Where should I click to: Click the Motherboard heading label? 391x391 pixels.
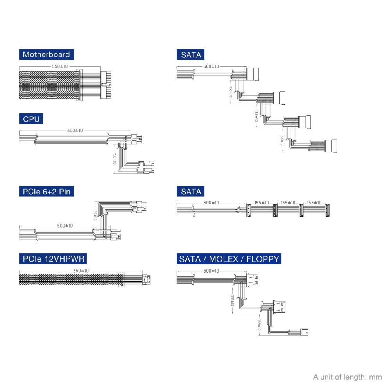pos(47,54)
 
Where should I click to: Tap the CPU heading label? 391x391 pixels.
pos(31,119)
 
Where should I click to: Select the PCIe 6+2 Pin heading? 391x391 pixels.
pos(47,191)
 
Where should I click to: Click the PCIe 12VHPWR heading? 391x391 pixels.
pos(53,258)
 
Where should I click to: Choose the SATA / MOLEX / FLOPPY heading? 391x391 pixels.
pos(229,258)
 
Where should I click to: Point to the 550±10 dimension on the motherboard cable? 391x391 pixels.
pos(60,66)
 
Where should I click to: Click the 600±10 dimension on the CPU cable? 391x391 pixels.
pos(75,130)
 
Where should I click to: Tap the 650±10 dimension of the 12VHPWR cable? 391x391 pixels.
pos(81,271)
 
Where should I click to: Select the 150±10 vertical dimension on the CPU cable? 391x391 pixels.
pos(115,159)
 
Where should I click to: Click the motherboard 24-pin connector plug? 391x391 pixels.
pos(106,85)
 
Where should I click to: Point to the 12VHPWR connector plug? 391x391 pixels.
pos(146,280)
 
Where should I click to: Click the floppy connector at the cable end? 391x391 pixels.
pos(304,332)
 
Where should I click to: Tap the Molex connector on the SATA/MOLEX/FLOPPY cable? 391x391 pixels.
pos(279,307)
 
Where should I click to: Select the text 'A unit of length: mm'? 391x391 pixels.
pos(347,377)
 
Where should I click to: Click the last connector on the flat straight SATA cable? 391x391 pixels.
pos(327,210)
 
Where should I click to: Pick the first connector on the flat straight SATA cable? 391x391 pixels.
pos(249,210)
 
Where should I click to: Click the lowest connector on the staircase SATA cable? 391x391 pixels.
pos(331,146)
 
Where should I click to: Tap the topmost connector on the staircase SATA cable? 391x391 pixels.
pos(253,74)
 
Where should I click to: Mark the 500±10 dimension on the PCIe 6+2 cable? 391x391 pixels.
pos(65,226)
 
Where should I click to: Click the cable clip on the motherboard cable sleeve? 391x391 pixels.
pos(79,85)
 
